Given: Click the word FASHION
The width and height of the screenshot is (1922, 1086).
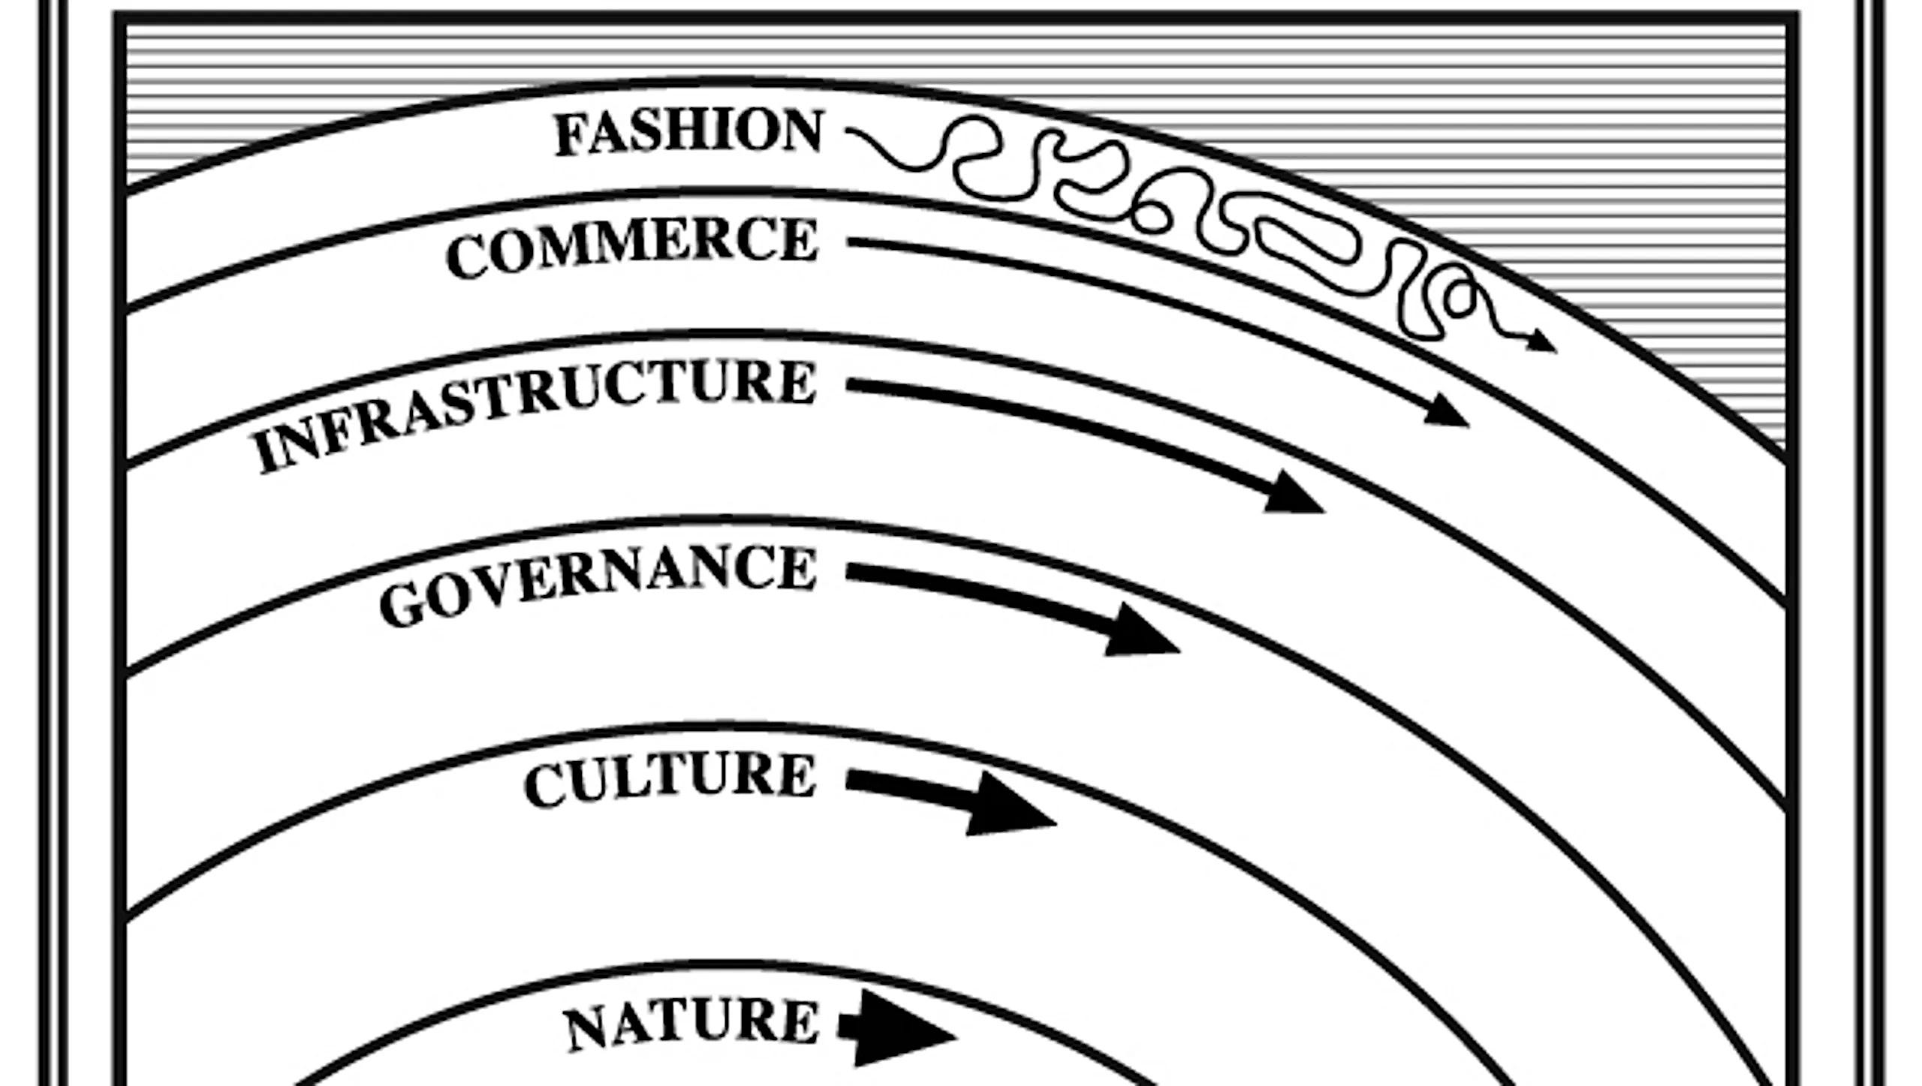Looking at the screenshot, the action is click(688, 134).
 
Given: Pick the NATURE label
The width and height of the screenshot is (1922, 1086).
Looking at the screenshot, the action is click(691, 1024).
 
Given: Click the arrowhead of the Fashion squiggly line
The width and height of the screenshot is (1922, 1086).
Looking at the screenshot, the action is click(1544, 344).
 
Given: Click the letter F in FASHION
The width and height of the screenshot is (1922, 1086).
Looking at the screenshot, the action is click(570, 137).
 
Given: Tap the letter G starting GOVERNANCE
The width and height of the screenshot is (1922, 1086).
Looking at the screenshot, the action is click(399, 606).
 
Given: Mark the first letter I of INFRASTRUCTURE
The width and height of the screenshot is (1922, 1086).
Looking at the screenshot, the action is click(266, 455).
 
